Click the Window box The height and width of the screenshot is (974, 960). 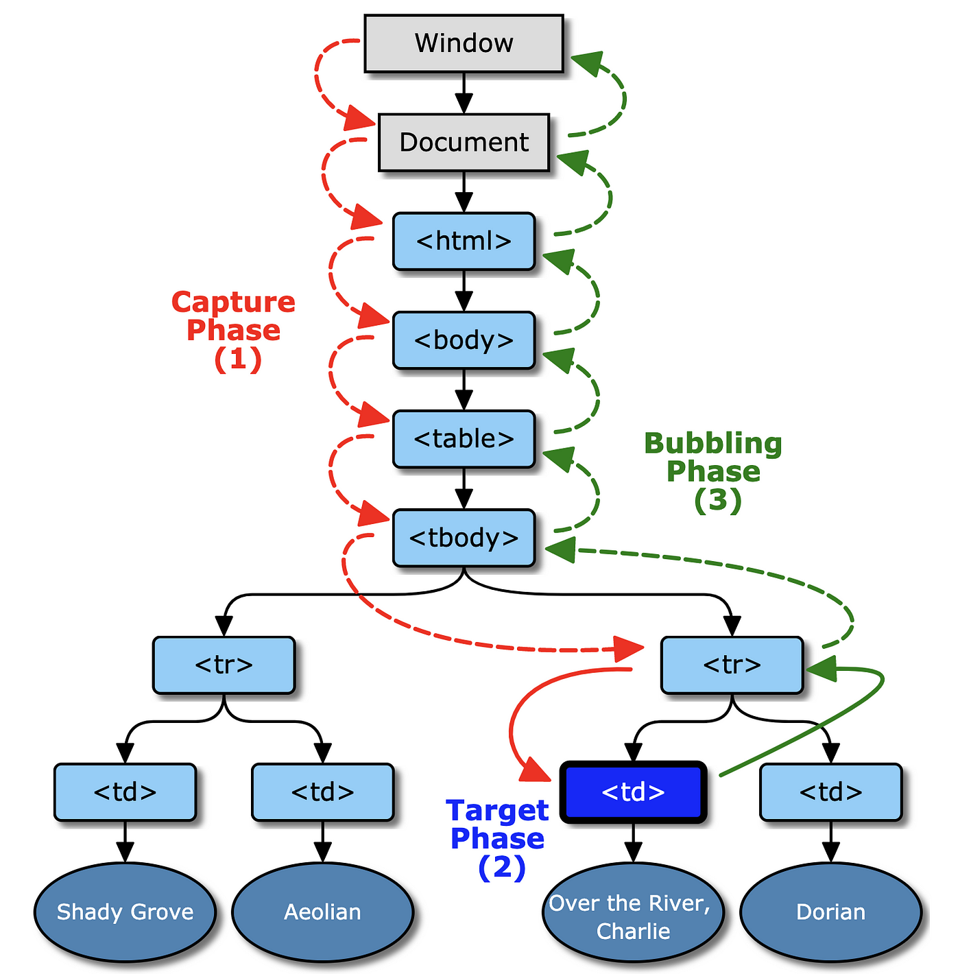464,43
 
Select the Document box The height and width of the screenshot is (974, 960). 464,142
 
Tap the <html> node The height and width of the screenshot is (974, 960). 464,241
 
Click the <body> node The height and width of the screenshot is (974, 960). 464,340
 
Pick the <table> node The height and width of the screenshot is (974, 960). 464,439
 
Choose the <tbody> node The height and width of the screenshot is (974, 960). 464,538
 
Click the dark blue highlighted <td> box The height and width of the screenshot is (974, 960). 633,792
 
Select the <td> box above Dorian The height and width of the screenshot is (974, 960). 830,792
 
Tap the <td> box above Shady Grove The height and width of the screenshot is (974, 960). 125,792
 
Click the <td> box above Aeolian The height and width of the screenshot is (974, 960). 322,792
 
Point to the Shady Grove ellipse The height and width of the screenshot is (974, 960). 125,912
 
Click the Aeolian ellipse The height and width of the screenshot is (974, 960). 322,912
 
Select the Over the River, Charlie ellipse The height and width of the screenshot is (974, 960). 633,916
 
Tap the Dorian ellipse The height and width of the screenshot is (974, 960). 830,912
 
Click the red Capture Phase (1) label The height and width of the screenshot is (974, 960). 234,331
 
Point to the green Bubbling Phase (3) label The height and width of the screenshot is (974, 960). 713,472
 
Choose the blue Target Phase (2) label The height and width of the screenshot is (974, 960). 498,839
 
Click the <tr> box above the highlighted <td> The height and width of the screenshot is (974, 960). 732,665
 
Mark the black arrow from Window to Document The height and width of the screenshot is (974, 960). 464,93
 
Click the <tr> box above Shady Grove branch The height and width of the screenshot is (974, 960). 224,665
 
